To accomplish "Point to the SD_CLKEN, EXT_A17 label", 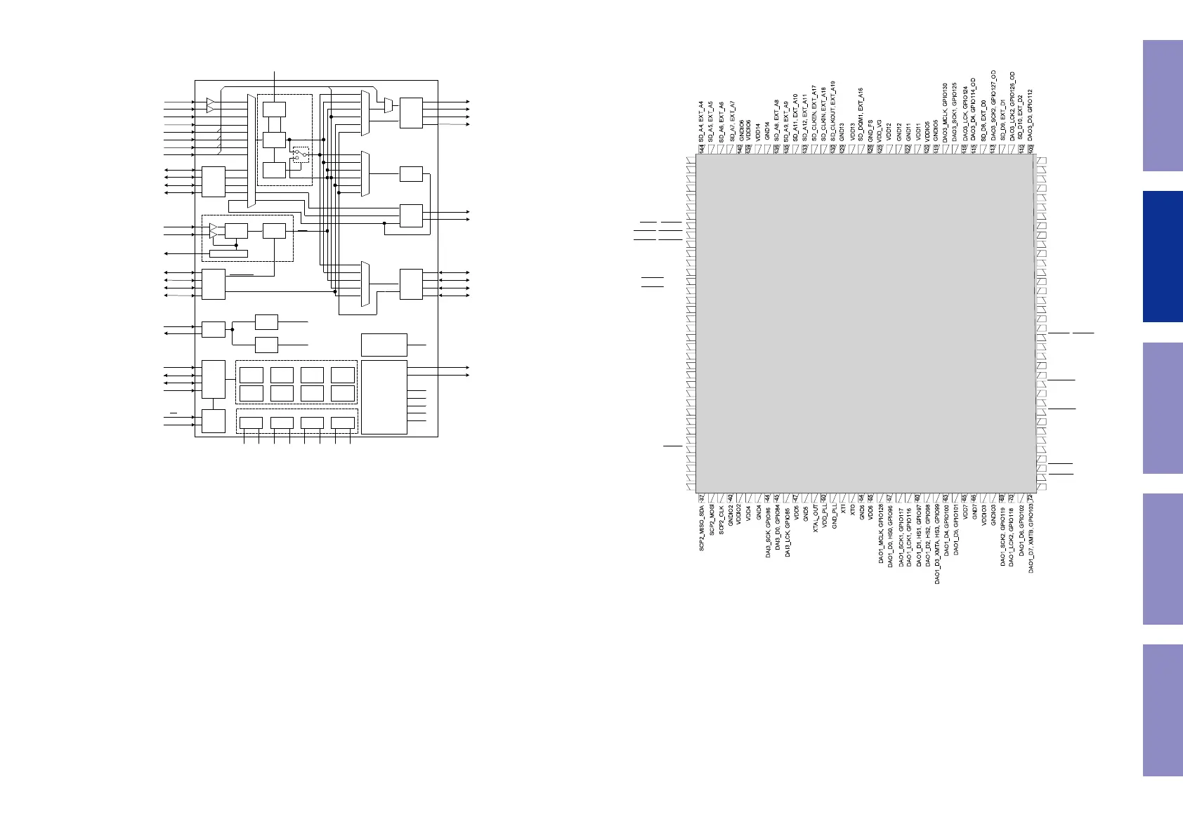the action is click(x=814, y=114).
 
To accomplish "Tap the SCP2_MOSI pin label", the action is click(x=712, y=523).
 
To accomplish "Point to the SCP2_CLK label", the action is click(x=721, y=520).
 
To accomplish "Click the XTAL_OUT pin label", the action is click(x=815, y=519).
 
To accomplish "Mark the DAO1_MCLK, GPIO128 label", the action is click(x=881, y=533).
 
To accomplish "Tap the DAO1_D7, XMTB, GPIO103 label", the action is click(x=1031, y=538).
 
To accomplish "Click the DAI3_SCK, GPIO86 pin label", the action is click(x=769, y=533).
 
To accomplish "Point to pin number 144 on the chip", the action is click(x=702, y=149).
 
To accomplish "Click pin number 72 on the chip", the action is click(x=1031, y=498).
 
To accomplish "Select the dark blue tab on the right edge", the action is click(x=1163, y=256).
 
